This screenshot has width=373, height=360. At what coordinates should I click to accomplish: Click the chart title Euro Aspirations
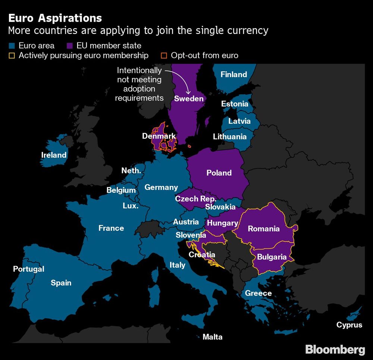click(x=55, y=18)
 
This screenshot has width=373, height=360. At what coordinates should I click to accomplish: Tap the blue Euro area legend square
click(x=12, y=46)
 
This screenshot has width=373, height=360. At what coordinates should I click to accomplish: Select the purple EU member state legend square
click(x=69, y=46)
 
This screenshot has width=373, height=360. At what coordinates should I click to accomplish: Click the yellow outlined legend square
click(x=12, y=56)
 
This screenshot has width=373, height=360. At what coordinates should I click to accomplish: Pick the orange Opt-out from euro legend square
click(x=164, y=56)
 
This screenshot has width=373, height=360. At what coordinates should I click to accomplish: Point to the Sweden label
click(x=189, y=98)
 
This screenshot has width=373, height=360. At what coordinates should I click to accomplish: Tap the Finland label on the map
click(x=233, y=75)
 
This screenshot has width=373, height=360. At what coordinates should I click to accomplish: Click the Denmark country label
click(x=159, y=136)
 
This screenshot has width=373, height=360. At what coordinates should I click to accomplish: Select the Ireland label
click(x=54, y=155)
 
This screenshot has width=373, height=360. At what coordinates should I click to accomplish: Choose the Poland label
click(x=219, y=173)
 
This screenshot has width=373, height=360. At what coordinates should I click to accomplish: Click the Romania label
click(x=264, y=228)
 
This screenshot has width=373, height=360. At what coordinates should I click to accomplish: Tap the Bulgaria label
click(x=272, y=257)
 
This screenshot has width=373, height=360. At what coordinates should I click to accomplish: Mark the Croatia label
click(x=202, y=255)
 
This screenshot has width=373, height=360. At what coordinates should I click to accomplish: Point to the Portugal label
click(x=28, y=269)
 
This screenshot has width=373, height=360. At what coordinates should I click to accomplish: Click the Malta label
click(x=212, y=337)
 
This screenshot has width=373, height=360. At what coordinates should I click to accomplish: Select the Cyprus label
click(x=349, y=325)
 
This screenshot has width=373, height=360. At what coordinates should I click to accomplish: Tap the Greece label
click(x=258, y=293)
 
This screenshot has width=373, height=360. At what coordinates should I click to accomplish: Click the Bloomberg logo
click(x=335, y=350)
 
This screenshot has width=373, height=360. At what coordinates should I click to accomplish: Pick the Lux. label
click(x=130, y=206)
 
